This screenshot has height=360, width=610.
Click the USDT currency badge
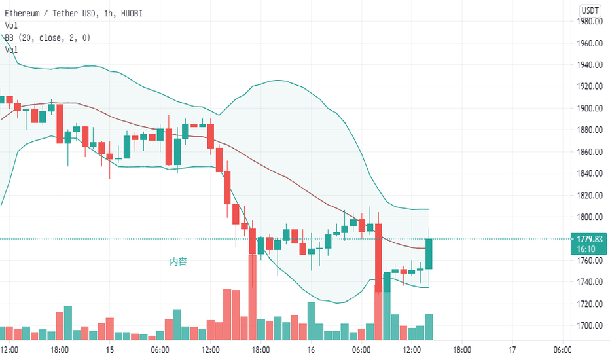591,10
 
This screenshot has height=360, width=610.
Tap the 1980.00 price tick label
590,22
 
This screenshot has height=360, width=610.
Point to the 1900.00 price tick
590,108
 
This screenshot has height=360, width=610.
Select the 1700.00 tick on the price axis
590,325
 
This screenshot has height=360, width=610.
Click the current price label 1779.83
590,239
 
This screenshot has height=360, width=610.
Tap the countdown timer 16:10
590,249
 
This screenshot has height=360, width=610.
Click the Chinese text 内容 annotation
178,262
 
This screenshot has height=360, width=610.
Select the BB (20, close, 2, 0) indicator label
48,37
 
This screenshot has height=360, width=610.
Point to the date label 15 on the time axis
109,350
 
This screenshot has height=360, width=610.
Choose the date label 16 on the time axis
311,350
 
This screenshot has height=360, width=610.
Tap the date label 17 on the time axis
512,350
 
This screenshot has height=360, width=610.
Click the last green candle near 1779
429,254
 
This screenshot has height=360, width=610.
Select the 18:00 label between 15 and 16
260,350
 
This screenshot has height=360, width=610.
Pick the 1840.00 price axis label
590,173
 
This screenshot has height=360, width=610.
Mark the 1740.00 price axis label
590,282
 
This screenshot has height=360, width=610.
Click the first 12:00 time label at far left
9,350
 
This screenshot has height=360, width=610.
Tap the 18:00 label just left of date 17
461,350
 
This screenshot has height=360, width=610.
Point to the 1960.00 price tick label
590,43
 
